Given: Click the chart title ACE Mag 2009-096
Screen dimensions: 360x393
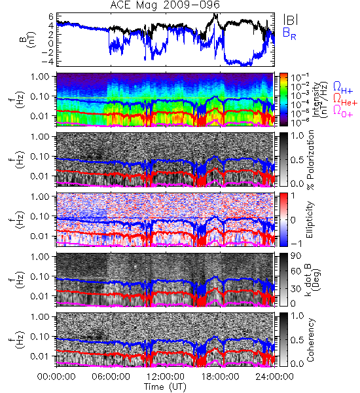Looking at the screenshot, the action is click(165, 5).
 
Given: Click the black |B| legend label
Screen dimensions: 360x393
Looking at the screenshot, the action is click(291, 20).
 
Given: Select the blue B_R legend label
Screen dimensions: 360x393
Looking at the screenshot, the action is click(289, 33).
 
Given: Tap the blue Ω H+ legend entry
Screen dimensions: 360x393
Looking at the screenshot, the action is click(343, 88).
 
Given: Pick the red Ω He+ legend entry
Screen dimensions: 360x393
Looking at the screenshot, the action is click(345, 100).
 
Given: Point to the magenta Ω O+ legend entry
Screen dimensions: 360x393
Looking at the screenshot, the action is click(343, 111).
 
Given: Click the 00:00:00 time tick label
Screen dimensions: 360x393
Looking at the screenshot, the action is click(56, 377).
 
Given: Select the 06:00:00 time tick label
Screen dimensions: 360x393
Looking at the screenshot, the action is click(111, 377).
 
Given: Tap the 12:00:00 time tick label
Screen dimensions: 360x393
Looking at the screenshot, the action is click(166, 377).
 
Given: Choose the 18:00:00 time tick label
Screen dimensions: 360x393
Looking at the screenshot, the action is click(220, 377).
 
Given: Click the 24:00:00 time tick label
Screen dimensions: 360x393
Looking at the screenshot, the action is click(274, 377).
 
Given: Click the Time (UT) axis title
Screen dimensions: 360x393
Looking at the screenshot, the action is click(165, 387).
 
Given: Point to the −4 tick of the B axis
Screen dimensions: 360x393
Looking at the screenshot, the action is click(48, 61).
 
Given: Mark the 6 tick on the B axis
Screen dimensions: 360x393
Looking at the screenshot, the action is click(52, 16).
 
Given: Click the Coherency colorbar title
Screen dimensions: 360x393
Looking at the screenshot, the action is click(310, 340).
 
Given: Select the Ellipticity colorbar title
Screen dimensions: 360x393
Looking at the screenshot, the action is click(310, 220).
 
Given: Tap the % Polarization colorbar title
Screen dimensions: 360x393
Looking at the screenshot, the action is click(310, 160).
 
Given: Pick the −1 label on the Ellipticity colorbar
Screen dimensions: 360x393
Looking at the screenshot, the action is click(296, 244).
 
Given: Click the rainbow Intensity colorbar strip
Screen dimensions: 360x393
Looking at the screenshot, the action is click(283, 100).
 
